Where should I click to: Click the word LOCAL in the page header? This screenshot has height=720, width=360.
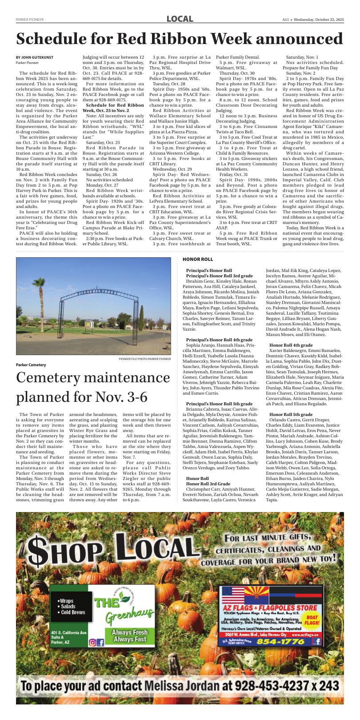(180, 19)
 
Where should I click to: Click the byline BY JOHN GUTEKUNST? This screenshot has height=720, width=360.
(34, 57)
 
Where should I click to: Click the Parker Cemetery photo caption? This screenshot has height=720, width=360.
(31, 364)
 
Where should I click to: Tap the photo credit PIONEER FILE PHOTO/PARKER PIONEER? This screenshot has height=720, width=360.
(144, 359)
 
